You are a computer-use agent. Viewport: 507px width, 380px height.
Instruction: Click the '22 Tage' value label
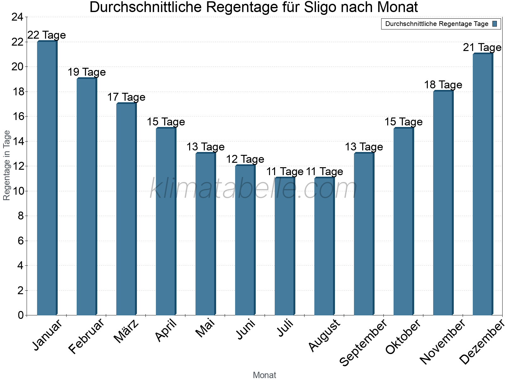click(47, 35)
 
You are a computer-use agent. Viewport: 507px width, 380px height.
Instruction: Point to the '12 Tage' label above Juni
click(245, 159)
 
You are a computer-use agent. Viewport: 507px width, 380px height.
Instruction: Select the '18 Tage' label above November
click(443, 85)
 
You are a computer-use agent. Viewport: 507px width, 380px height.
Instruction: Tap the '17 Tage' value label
click(126, 97)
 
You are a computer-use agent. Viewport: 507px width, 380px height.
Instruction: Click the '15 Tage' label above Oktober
click(403, 122)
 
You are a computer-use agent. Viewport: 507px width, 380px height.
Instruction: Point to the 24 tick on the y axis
click(17, 17)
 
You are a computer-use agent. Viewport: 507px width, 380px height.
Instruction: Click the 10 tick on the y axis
click(17, 191)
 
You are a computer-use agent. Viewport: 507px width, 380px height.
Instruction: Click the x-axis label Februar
click(86, 336)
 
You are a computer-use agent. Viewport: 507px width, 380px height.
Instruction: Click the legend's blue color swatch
click(495, 24)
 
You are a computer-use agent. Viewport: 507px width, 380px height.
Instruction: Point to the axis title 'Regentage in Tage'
click(7, 165)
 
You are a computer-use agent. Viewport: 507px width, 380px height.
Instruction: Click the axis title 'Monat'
click(264, 375)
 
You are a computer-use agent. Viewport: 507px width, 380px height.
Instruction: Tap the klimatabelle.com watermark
click(253, 189)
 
